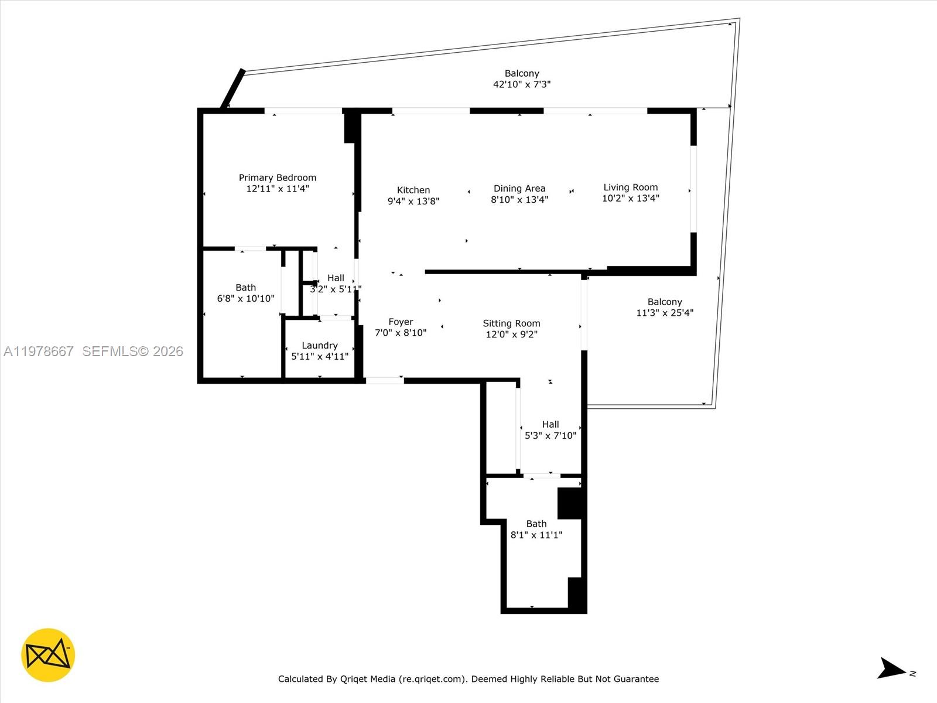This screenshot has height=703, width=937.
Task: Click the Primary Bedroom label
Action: [277, 178]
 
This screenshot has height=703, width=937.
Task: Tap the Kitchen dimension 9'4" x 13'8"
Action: [413, 201]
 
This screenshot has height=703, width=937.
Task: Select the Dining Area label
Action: [519, 188]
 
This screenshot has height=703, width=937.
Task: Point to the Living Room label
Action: [630, 187]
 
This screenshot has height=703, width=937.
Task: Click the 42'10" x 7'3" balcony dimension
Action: [521, 84]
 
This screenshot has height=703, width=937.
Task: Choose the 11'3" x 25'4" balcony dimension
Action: [665, 313]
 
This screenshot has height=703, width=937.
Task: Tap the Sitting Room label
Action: [511, 323]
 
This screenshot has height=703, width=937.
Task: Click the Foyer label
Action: [401, 322]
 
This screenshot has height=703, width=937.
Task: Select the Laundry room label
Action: [319, 346]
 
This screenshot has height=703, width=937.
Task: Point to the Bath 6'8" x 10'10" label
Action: [245, 288]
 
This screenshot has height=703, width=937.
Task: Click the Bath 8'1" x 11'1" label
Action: [536, 524]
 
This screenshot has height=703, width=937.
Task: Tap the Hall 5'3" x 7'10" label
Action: [550, 424]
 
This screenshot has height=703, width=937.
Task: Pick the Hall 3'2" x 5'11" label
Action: [336, 278]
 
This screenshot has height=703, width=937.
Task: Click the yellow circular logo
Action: [48, 655]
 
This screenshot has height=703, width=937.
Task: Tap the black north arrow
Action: [891, 668]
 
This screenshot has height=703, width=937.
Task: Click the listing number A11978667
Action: [39, 351]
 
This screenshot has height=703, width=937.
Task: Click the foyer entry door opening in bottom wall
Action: [385, 381]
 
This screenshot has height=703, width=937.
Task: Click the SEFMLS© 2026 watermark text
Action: [132, 351]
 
